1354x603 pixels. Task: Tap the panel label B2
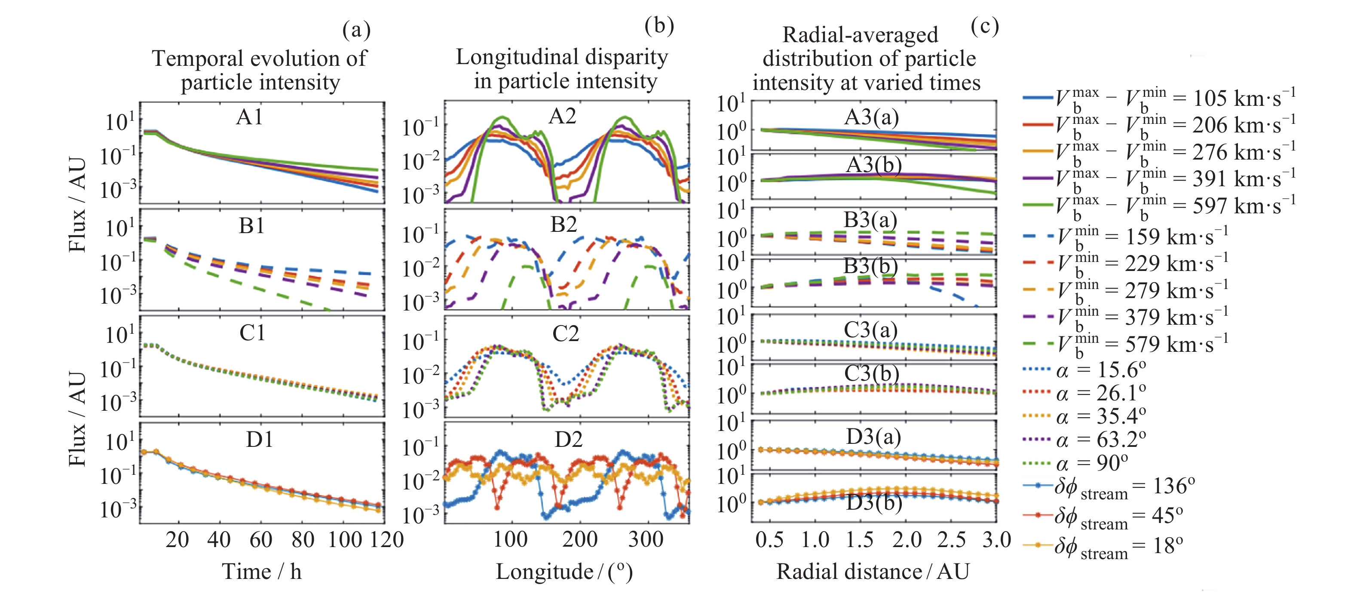564,225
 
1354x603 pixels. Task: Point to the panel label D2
568,440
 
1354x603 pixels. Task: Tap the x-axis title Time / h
262,572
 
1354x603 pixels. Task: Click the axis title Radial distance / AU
873,572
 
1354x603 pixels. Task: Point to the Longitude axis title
564,572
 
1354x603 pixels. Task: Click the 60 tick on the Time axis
261,540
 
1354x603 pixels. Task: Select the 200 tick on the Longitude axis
580,540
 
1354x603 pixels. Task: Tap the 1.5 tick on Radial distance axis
860,540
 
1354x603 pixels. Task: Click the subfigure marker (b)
659,26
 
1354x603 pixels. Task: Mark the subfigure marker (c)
984,26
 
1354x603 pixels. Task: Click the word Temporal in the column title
202,58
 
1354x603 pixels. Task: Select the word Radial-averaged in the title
860,35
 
